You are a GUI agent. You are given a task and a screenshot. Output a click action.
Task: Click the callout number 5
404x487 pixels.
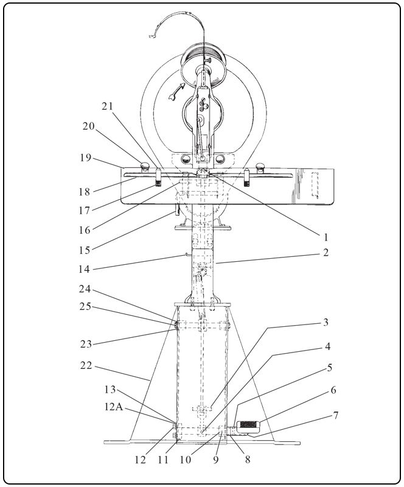[329, 368]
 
